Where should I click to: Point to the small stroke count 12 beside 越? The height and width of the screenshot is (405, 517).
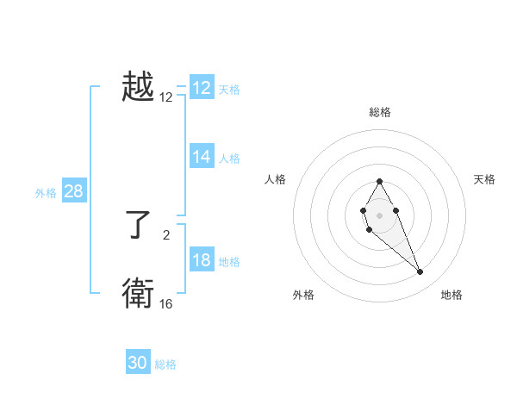pos(166,97)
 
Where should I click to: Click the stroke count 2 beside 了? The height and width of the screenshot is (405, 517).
pos(166,234)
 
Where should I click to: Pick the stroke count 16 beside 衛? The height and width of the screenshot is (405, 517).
pos(166,304)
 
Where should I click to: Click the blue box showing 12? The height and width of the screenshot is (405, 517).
pos(202,88)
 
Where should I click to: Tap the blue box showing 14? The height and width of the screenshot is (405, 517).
pos(202,157)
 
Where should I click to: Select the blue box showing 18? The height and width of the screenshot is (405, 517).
pos(202,260)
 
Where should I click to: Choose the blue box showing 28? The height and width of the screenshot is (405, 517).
pos(73,191)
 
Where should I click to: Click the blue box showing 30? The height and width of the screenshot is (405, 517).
pos(138,363)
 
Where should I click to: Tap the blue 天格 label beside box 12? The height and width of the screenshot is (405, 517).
pos(229,89)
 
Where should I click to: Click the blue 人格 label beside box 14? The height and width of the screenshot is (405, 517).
pos(229,158)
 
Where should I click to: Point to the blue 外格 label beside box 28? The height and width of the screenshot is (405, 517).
pos(46,193)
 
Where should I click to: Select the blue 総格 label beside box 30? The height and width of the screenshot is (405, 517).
pos(165,364)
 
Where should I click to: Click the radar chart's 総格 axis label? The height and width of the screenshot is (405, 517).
pos(379,112)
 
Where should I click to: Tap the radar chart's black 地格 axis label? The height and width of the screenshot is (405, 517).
pos(452,296)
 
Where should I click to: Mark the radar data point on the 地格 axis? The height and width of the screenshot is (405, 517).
pos(420,272)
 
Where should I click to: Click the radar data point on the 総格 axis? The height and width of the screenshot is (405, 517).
pos(379,182)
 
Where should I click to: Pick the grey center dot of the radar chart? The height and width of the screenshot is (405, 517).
pos(379,214)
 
